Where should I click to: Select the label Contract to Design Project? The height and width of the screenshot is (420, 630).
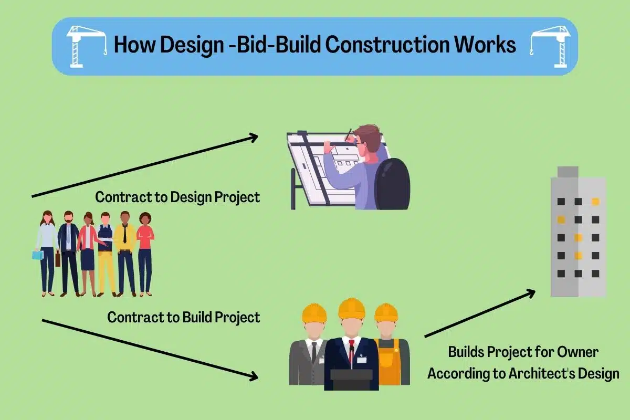[x=177, y=197]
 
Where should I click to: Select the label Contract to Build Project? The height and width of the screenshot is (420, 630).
[x=184, y=318]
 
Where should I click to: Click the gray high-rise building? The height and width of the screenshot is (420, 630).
[x=578, y=236]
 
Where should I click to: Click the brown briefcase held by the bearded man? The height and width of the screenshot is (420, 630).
[x=58, y=258]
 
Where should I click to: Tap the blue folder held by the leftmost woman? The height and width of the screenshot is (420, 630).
[x=37, y=255]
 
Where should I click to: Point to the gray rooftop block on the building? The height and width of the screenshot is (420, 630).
[x=568, y=172]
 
